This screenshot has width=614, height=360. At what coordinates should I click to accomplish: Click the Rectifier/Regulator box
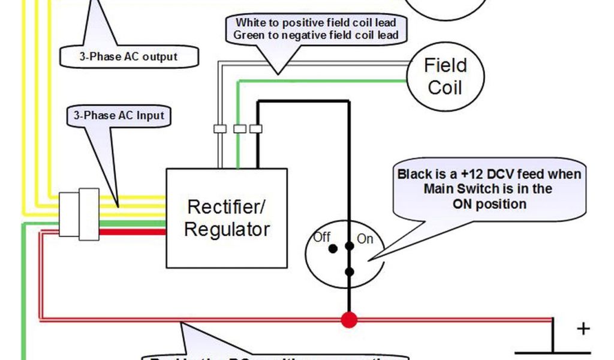pyautogui.click(x=226, y=218)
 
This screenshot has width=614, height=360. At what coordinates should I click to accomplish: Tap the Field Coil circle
pyautogui.click(x=445, y=76)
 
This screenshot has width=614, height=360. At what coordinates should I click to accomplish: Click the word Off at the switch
pyautogui.click(x=322, y=237)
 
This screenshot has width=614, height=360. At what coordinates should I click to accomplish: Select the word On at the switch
pyautogui.click(x=365, y=239)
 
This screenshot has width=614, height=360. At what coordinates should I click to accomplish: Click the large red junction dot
pyautogui.click(x=349, y=320)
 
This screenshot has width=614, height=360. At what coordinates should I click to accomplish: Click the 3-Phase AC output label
pyautogui.click(x=128, y=57)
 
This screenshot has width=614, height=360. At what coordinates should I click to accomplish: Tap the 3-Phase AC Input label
pyautogui.click(x=119, y=115)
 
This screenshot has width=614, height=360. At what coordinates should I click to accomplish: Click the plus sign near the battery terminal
pyautogui.click(x=583, y=329)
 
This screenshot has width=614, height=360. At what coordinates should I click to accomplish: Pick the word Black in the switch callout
pyautogui.click(x=414, y=175)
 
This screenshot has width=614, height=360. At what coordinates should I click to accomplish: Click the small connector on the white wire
pyautogui.click(x=219, y=128)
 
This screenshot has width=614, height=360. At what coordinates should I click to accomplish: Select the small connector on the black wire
pyautogui.click(x=256, y=128)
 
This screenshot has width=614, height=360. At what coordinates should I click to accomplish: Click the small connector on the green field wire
pyautogui.click(x=239, y=128)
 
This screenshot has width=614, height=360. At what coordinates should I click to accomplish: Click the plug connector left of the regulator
pyautogui.click(x=79, y=214)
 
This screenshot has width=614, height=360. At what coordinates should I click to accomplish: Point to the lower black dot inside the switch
pyautogui.click(x=350, y=272)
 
